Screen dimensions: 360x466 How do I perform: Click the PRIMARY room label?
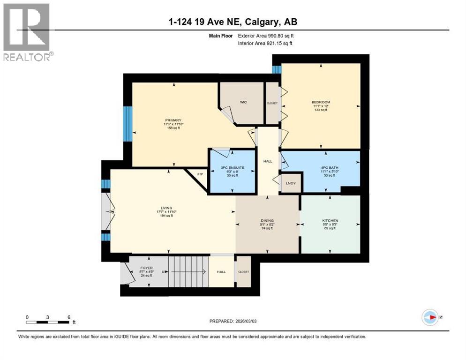pos(173,120)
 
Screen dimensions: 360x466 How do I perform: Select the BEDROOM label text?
pos(321,102)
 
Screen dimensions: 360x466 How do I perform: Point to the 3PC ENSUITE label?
pos(232,167)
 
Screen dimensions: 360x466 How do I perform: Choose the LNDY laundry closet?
pos(291,183)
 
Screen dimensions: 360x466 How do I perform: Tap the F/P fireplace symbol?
pos(199,175)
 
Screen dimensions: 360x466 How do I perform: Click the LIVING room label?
pos(166,208)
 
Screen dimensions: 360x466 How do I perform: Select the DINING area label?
pos(267,220)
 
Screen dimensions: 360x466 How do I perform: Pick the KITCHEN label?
pos(330,220)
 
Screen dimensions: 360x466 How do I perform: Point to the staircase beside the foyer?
pos(187,271)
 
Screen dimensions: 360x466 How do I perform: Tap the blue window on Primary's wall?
pos(127,123)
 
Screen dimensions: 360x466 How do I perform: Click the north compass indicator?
pos(430,317)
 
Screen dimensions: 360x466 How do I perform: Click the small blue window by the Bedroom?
pos(277,69)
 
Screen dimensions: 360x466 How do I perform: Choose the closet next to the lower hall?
pos(243,271)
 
